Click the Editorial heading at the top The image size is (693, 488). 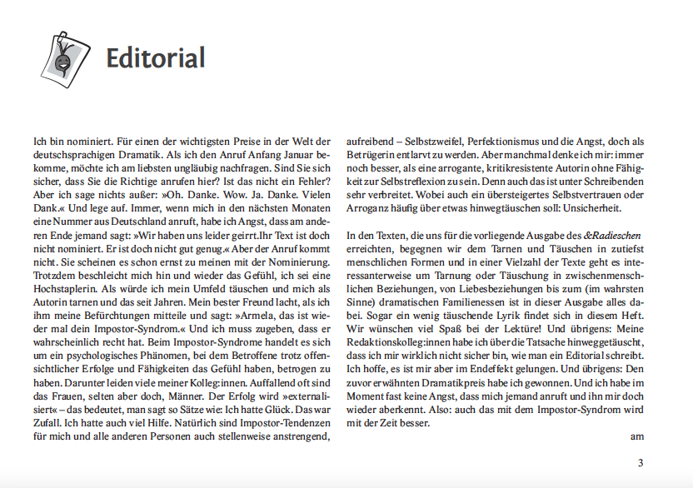point(155,58)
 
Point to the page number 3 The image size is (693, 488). point(641,463)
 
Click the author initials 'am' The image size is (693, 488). point(637,436)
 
